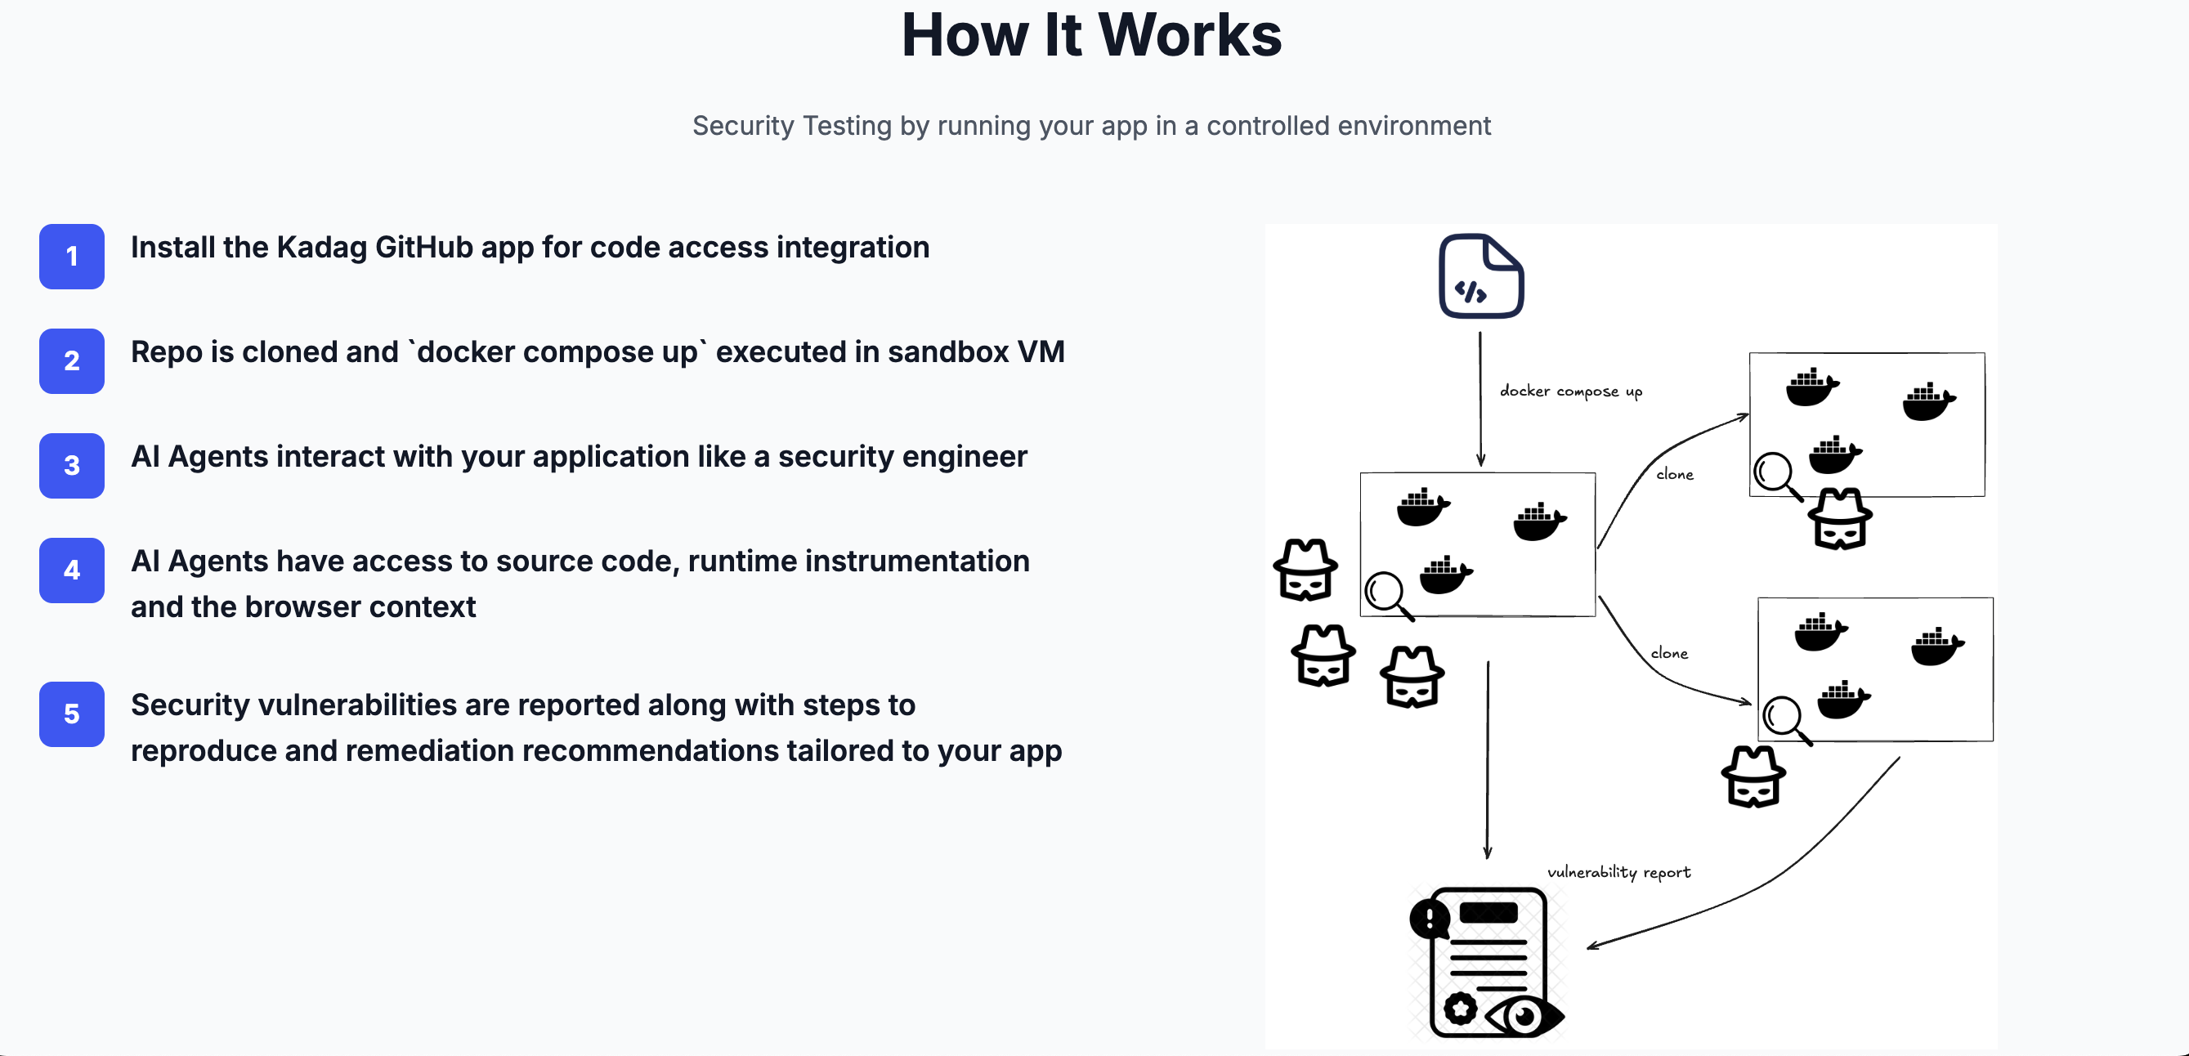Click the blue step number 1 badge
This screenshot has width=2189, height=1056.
click(x=71, y=257)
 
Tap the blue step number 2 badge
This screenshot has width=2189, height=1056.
click(x=71, y=361)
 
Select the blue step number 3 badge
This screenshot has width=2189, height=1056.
click(x=71, y=466)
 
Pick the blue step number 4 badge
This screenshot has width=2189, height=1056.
click(x=71, y=570)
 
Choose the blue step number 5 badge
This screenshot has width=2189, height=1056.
click(x=71, y=714)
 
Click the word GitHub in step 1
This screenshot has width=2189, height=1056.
click(x=423, y=247)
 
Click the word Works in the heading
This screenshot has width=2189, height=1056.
click(x=1189, y=36)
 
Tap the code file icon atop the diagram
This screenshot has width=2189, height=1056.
click(x=1481, y=276)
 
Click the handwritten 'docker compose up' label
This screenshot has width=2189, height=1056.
click(x=1570, y=391)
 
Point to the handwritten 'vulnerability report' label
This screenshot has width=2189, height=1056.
click(x=1618, y=872)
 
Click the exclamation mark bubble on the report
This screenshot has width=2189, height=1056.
click(x=1430, y=919)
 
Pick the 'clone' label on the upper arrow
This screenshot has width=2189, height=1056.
click(x=1674, y=475)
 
